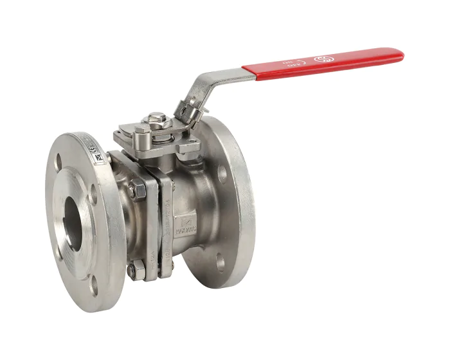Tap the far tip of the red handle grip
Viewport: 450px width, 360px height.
(x=399, y=55)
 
